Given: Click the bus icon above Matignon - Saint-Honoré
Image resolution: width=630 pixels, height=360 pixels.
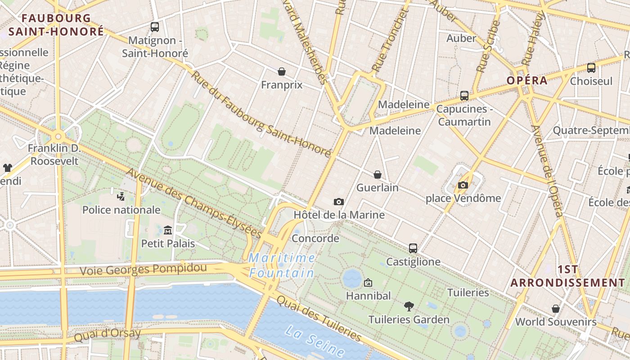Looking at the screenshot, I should (x=155, y=27).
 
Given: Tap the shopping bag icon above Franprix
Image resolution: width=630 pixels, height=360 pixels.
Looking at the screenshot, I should (x=282, y=72).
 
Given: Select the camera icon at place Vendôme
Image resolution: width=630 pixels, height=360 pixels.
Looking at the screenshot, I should (x=463, y=185).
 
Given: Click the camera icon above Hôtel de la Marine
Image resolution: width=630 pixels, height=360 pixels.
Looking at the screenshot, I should (x=339, y=202).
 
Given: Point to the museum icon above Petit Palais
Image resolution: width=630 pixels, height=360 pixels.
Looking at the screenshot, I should (x=168, y=230).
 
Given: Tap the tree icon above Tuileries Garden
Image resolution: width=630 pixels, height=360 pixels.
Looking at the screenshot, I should (x=409, y=306).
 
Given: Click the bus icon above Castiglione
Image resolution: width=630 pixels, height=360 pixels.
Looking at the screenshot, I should (x=413, y=248).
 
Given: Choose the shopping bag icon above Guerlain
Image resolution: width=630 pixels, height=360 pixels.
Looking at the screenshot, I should (x=378, y=175).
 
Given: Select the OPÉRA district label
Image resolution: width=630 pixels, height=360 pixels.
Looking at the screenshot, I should (x=527, y=81).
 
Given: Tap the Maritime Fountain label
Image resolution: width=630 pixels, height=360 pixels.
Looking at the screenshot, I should (x=282, y=265).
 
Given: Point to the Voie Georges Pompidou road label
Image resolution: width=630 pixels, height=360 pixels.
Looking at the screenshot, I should (x=143, y=270).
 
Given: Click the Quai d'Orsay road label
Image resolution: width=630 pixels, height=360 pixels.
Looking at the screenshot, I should (x=107, y=334).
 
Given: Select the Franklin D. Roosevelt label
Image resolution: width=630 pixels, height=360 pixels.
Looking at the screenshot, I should (x=54, y=154).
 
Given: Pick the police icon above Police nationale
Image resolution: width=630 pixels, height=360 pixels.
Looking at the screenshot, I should (x=121, y=196).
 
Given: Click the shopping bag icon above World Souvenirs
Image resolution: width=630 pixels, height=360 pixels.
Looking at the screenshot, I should (x=556, y=309).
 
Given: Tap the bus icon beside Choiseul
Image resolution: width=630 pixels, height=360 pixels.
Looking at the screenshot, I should (x=591, y=68).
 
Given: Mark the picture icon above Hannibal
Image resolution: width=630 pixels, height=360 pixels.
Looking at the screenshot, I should (x=368, y=283).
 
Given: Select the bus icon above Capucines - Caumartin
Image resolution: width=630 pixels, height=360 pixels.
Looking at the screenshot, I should (x=464, y=96).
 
